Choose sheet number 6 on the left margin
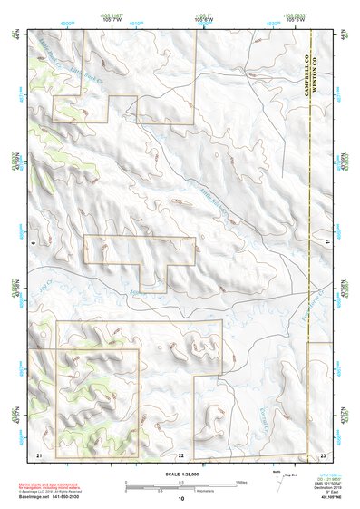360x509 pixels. [33, 242]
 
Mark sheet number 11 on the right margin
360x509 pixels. [328, 242]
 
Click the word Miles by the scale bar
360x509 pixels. [241, 482]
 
